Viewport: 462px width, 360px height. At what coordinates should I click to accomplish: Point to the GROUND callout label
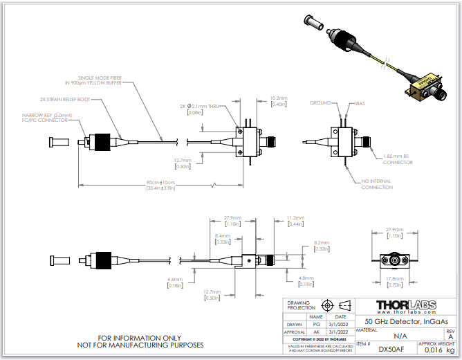[320, 102]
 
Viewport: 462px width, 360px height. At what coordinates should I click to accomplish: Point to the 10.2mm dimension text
[279, 98]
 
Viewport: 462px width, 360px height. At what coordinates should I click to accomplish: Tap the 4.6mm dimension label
[174, 279]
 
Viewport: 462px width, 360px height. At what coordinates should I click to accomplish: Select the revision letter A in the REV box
[450, 336]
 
